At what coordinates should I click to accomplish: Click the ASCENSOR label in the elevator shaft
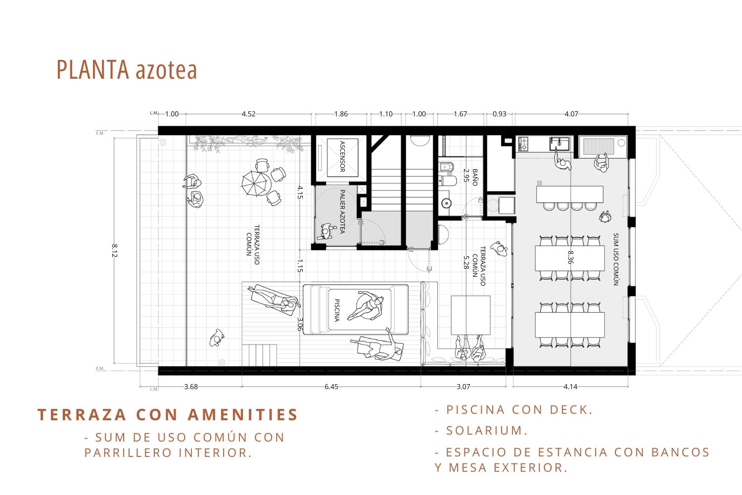click(342, 156)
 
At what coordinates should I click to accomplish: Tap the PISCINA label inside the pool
click(337, 310)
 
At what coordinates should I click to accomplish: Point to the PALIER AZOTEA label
click(342, 211)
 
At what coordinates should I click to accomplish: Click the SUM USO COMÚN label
click(616, 259)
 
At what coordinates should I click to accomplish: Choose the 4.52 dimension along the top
click(248, 114)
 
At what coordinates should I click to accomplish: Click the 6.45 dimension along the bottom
click(331, 387)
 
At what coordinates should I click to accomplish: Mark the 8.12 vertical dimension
click(115, 250)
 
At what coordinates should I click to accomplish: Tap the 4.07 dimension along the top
click(571, 114)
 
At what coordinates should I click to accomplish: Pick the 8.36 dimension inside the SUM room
click(570, 257)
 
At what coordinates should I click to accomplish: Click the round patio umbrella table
click(256, 183)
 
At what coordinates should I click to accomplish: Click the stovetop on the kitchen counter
click(523, 144)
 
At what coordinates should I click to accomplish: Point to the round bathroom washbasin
click(446, 203)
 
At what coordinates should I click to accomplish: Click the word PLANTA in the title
click(93, 70)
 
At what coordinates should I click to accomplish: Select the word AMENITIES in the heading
click(243, 415)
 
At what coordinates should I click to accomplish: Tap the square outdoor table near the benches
click(470, 315)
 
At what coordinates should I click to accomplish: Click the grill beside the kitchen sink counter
click(599, 147)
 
